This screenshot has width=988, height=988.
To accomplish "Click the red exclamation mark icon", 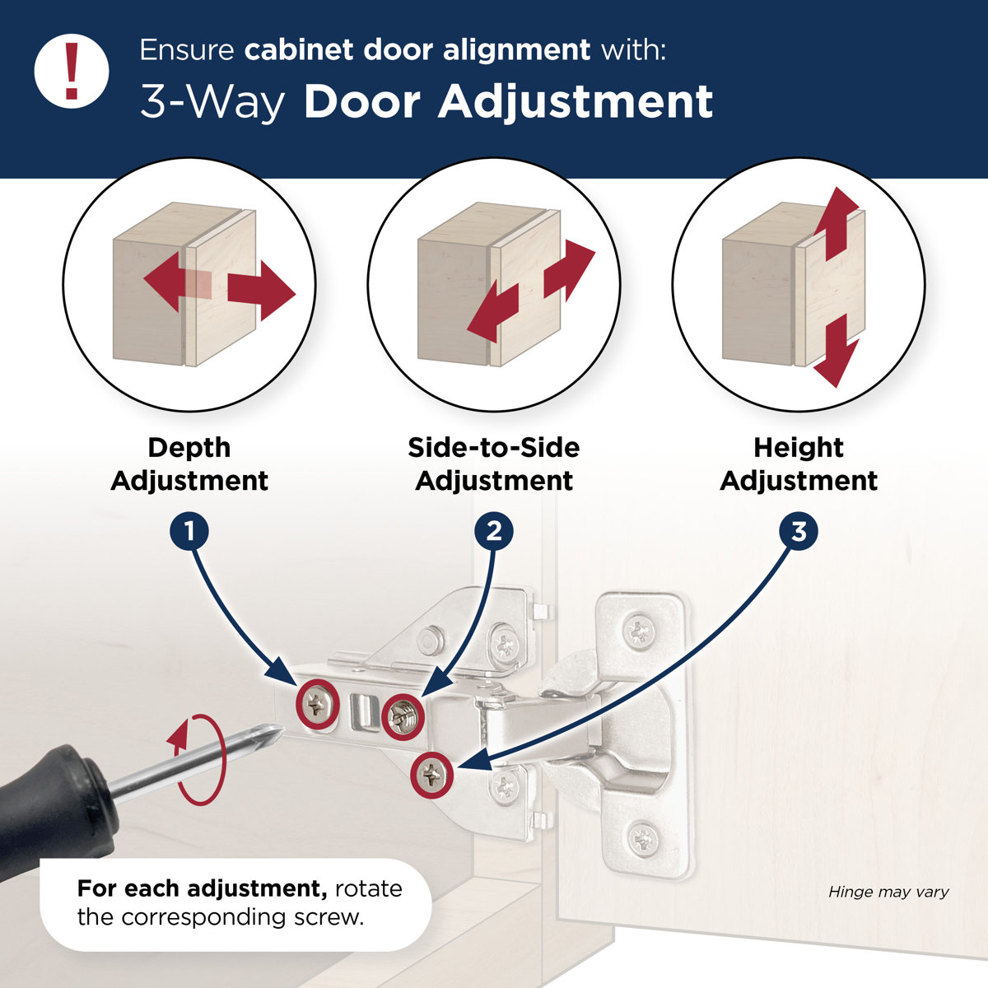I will [72, 71].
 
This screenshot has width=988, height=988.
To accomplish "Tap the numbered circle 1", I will [189, 531].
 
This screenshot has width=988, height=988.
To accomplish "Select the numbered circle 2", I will [494, 531].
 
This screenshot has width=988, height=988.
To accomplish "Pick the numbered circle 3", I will [799, 531].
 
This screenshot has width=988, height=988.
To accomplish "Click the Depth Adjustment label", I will [189, 464].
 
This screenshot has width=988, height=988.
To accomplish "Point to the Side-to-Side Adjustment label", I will [494, 464].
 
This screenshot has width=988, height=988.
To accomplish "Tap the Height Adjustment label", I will [799, 464].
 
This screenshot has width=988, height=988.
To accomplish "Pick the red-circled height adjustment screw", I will [432, 774].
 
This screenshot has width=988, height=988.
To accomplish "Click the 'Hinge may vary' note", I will [888, 892].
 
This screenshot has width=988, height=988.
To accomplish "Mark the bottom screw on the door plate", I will [642, 839].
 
